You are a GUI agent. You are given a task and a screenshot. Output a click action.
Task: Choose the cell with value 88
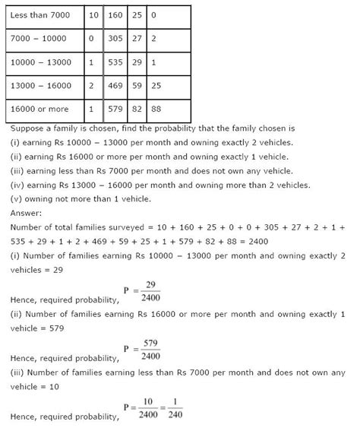click(x=156, y=110)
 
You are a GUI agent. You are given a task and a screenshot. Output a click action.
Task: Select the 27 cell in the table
click(x=137, y=39)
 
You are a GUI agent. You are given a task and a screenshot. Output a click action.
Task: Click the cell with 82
click(x=137, y=110)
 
